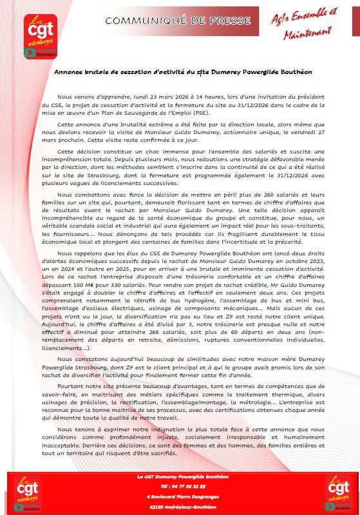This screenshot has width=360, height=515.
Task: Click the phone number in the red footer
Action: pyautogui.click(x=180, y=487)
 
